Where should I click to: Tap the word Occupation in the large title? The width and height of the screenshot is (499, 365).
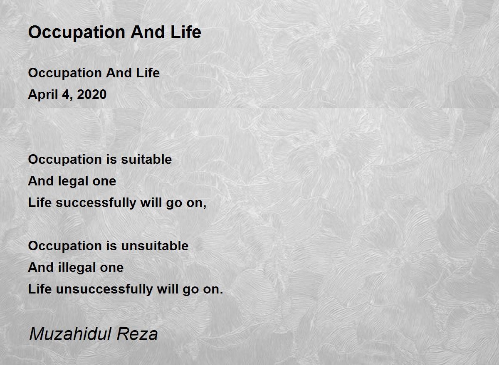coord(77,33)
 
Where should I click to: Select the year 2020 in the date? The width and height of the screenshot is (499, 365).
coord(91,94)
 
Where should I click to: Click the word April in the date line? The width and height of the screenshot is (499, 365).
coord(43,95)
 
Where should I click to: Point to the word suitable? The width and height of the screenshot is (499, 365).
coord(146,159)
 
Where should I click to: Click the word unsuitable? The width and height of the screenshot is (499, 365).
coord(155,246)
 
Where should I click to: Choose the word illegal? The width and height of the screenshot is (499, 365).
coord(77,268)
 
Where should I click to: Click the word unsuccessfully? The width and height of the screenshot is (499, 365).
coord(104,289)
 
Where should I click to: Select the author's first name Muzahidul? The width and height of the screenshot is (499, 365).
coord(70,334)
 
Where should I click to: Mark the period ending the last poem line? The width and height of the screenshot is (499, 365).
coord(221,293)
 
